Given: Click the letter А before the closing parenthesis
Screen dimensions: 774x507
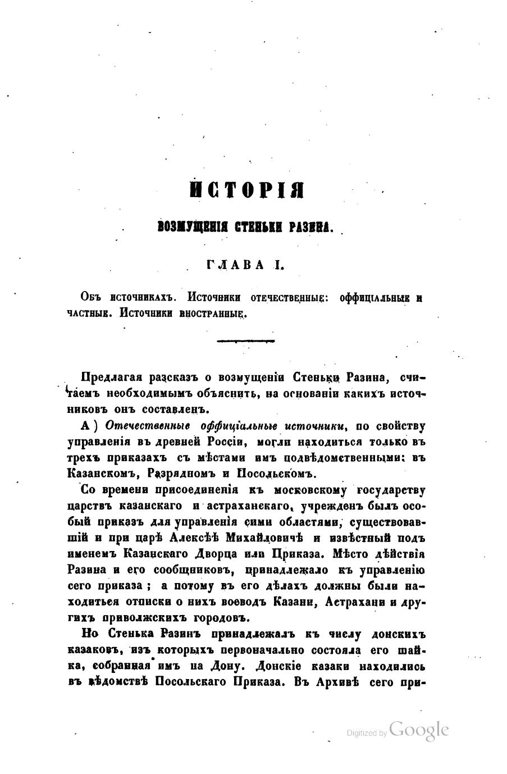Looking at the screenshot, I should click(86, 424).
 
